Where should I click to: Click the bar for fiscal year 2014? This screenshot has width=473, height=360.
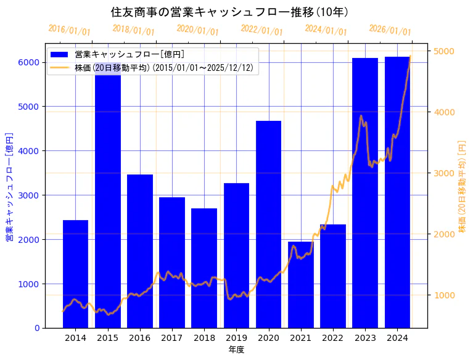[x=75, y=274]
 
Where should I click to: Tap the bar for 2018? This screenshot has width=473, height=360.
[x=204, y=268]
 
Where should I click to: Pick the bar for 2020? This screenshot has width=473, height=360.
[x=268, y=224]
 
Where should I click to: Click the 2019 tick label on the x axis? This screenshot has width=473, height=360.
[x=236, y=338]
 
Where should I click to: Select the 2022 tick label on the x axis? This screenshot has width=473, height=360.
[x=332, y=338]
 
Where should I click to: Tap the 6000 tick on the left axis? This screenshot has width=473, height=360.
[x=28, y=62]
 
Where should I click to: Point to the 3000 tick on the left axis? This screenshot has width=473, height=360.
[x=28, y=195]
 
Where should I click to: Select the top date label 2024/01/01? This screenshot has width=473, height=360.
[x=326, y=30]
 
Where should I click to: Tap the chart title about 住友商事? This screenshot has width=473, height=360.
[x=229, y=12]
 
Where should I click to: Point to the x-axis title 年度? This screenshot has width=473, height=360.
[x=236, y=350]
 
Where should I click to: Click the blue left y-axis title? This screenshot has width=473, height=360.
[x=9, y=186]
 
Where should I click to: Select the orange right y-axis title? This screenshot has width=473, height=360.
[x=463, y=186]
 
